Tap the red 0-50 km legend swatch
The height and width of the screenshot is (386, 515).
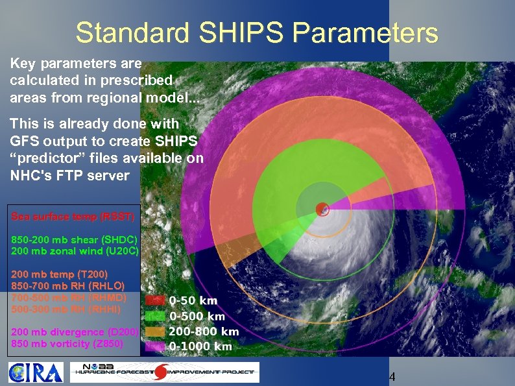coord(154,300)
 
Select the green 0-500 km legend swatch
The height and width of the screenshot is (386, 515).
coord(154,316)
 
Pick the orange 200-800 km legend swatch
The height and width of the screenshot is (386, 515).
coord(154,332)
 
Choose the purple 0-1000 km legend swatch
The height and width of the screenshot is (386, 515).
coord(154,346)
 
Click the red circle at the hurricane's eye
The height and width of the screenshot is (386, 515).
coord(322,208)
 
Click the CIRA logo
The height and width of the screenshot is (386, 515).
coord(36,372)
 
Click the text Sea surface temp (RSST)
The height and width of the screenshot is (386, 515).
coord(73,216)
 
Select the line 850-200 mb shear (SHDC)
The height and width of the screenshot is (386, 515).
coord(74,239)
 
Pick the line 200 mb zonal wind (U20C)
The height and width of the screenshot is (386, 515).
coord(74,250)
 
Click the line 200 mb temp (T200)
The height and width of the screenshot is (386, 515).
coord(60,274)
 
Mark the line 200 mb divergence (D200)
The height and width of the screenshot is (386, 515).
coord(74,332)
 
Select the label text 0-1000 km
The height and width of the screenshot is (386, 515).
coord(200,346)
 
